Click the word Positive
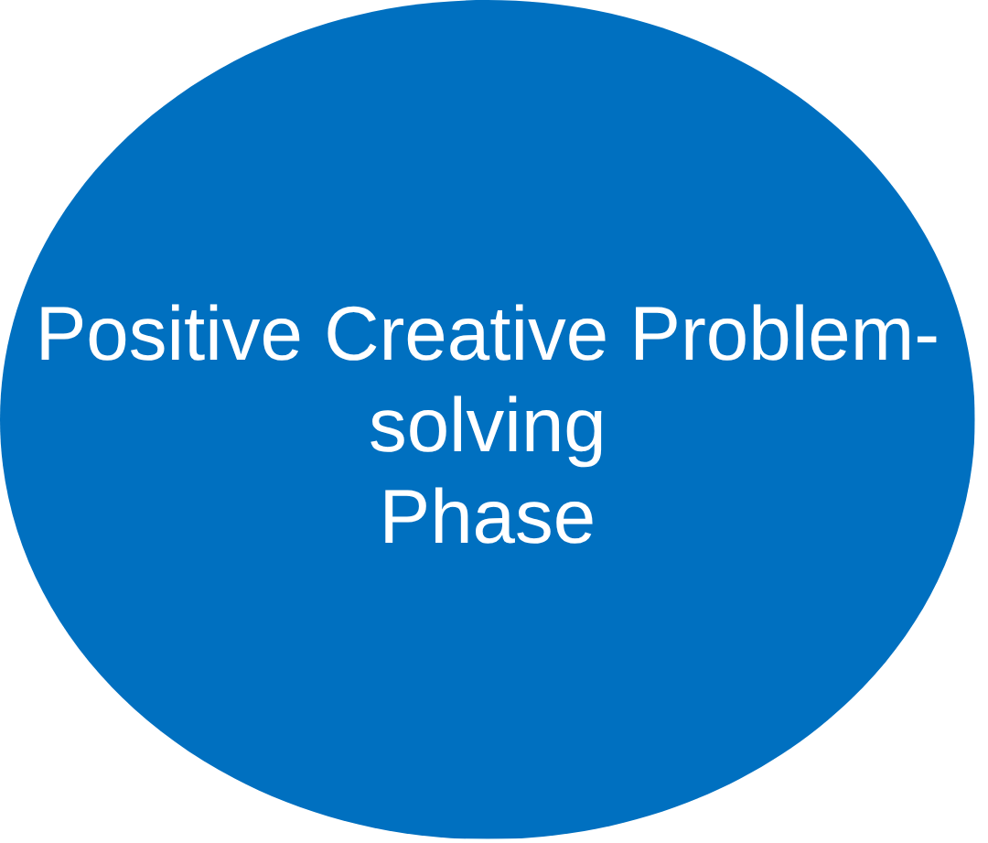(x=169, y=335)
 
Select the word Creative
(x=466, y=335)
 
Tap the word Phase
(x=488, y=518)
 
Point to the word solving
(x=487, y=428)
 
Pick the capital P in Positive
(x=57, y=335)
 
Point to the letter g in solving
(x=585, y=435)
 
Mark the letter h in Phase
(x=447, y=518)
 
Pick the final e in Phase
(x=574, y=524)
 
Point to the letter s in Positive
(x=145, y=341)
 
